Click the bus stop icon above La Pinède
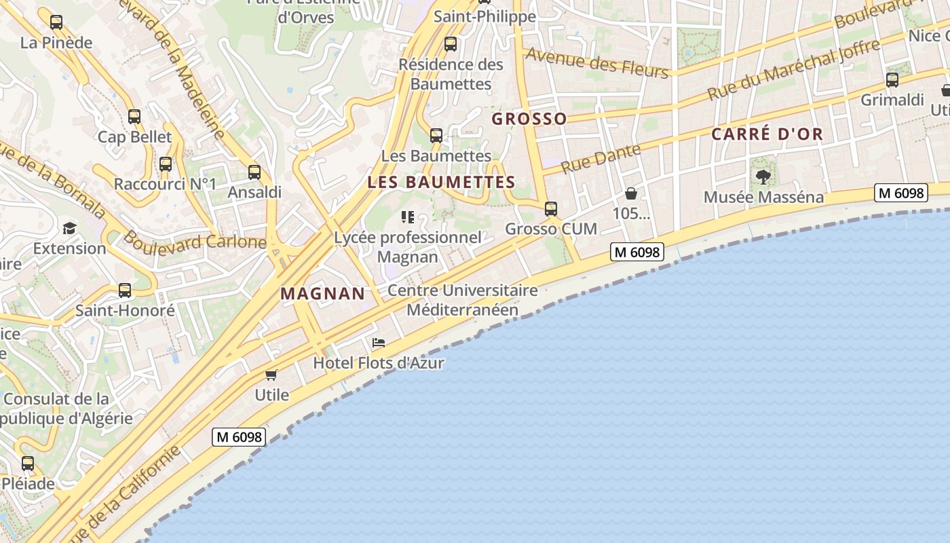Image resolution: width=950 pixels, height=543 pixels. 56,22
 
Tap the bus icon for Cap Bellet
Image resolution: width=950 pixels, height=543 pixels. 134,117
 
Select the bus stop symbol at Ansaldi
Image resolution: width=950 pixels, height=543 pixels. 254,172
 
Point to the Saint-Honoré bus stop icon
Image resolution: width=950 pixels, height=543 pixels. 125,291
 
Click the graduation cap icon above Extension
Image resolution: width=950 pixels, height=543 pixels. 70,228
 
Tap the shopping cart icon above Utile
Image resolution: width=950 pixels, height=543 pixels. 271,375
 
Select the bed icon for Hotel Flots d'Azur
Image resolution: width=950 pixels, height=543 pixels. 379,343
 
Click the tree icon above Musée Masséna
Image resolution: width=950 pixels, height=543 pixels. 763,177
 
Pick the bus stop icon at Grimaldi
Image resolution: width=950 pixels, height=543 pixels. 892,80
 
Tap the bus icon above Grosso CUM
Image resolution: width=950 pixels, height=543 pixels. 551,209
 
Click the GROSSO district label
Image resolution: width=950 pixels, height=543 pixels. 529,119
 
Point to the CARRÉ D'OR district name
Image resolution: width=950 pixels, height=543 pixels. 767,134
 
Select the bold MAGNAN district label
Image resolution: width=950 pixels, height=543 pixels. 322,294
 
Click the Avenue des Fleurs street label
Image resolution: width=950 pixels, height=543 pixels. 597,62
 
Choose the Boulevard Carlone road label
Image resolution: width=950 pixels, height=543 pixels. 195,241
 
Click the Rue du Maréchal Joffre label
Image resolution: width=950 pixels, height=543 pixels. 794,70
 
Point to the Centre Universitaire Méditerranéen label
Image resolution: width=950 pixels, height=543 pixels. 463,300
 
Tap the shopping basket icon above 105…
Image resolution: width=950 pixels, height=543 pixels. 631,193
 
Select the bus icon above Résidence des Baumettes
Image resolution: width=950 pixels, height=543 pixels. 450,45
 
